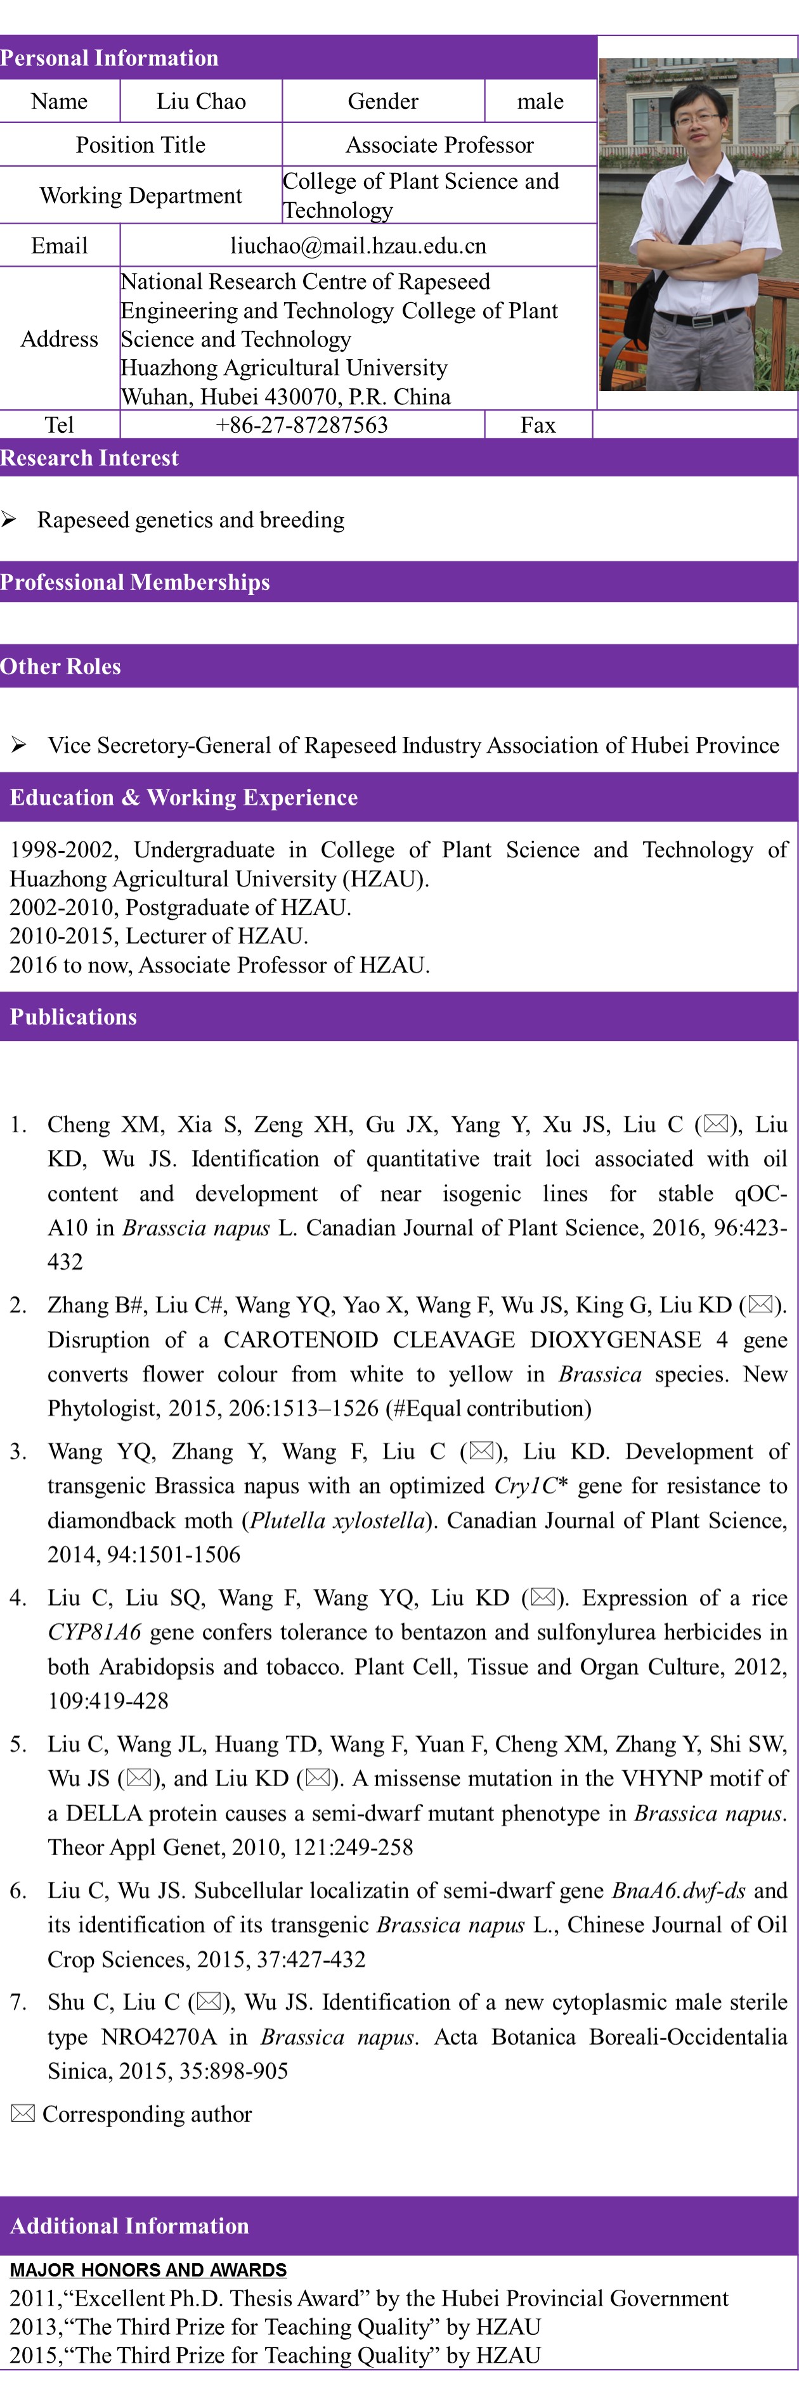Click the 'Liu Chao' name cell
pos(201,101)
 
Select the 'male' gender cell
pos(540,101)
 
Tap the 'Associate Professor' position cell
pos(439,145)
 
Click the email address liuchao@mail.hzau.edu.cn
pos(358,245)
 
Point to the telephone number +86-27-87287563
pos(301,425)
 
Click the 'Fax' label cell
pos(538,425)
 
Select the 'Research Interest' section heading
pos(89,457)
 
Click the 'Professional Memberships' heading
pos(135,582)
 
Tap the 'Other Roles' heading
pos(60,667)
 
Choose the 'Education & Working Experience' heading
pos(183,798)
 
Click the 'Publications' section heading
pos(74,1017)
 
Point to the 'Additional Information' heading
pos(129,2226)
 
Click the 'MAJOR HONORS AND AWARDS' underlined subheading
pos(148,2270)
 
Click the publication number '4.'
pos(18,1598)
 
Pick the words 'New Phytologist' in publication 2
pos(765,1375)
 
